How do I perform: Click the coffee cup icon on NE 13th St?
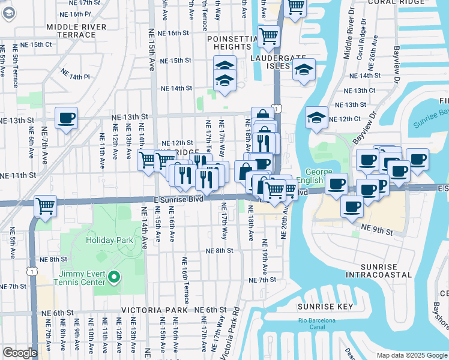point(66,117)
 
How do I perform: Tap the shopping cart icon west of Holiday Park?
point(46,206)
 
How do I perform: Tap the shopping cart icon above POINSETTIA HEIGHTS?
point(269,36)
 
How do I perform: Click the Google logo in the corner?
point(20,353)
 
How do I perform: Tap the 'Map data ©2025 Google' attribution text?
point(412,355)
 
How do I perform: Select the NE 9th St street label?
point(377,230)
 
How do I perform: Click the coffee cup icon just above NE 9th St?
point(352,206)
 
